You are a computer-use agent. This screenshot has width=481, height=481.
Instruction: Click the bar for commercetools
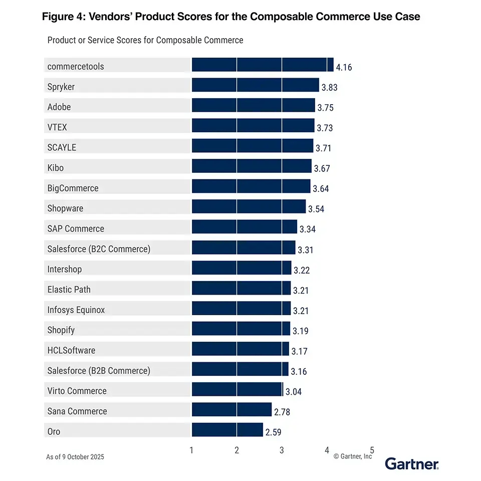point(262,65)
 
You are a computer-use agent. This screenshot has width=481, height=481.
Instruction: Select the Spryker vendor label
point(61,87)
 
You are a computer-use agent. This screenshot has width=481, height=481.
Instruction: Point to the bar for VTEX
point(253,126)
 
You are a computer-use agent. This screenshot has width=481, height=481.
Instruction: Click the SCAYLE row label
point(62,147)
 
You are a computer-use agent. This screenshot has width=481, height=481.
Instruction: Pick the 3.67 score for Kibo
point(322,168)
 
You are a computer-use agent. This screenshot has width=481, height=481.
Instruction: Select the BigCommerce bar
point(251,187)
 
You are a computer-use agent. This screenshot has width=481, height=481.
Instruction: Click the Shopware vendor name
point(65,208)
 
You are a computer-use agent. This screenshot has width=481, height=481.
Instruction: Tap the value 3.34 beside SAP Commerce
point(308,229)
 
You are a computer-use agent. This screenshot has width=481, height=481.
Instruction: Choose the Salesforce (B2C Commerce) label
point(99,249)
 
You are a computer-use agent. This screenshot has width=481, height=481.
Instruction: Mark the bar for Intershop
point(241,268)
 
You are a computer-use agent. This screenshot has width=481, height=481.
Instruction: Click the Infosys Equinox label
point(76,310)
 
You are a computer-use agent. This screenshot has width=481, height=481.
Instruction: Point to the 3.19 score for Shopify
point(300,331)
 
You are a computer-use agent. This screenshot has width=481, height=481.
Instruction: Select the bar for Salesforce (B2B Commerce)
point(240,369)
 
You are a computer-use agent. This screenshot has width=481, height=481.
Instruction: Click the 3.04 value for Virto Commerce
point(294,392)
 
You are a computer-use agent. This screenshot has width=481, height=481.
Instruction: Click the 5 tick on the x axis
point(372,450)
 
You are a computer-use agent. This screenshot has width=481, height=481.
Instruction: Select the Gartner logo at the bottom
point(411,464)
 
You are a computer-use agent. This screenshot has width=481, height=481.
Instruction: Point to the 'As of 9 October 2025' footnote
point(75,456)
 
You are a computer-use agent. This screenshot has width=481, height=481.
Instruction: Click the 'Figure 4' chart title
point(230,17)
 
